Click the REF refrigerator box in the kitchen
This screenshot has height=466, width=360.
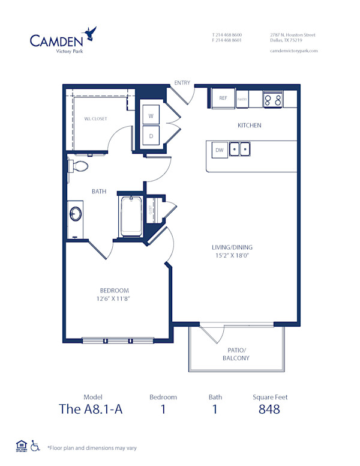[222, 98]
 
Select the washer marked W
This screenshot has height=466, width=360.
[151, 115]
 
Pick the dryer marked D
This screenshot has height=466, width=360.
[151, 135]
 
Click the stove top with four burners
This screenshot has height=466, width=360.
[273, 99]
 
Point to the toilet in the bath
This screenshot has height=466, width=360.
[79, 166]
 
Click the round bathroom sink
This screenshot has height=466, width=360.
[76, 214]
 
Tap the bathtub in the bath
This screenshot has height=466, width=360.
[130, 216]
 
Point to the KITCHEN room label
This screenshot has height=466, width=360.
[249, 126]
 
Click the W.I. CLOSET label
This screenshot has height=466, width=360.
[96, 119]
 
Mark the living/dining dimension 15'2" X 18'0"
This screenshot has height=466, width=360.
[232, 255]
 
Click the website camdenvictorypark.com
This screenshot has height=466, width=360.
[294, 51]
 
